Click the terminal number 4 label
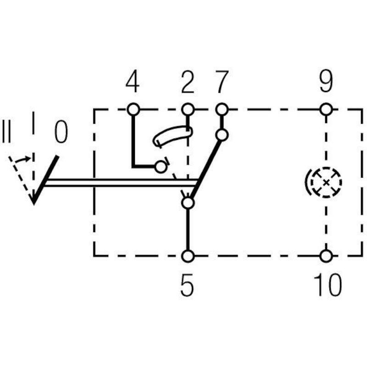133,82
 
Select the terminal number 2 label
188,82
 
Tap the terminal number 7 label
222,82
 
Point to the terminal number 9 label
326,81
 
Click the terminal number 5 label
187,285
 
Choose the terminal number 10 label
328,284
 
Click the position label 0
61,132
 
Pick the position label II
6,132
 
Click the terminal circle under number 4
133,109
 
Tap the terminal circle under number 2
188,109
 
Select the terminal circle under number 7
222,109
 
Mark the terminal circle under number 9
326,109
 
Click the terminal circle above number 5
188,256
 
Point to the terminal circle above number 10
326,256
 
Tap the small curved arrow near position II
23,159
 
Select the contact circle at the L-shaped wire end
161,167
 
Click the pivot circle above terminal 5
188,203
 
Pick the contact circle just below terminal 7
222,135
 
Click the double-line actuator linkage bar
121,183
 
